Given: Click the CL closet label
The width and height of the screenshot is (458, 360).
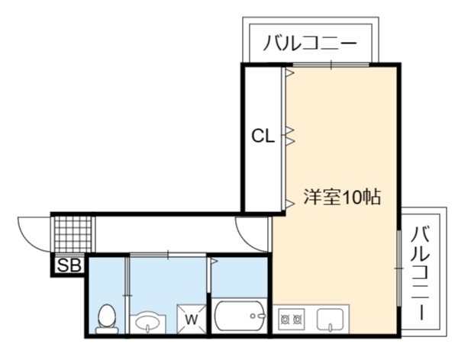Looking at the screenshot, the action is coord(263,136).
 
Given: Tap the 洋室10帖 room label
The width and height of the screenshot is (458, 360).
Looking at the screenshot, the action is coord(342,198).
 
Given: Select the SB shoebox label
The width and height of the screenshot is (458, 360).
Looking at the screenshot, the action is coord(69,265).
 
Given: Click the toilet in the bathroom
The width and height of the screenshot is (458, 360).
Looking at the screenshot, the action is coord(107,319).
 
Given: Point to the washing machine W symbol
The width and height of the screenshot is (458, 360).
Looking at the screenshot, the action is coord(192,319).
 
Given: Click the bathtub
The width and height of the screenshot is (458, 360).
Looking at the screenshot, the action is coord(240,316).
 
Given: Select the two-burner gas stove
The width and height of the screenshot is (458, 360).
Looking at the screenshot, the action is coord(291,319).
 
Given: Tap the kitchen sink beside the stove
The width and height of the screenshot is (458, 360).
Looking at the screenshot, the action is coord(330,320).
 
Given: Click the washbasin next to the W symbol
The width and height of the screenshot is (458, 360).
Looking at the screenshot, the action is coord(147,323).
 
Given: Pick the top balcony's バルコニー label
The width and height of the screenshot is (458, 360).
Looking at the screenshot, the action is coord(310,43).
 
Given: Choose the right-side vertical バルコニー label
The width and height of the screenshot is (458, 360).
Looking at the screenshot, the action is coord(421,273).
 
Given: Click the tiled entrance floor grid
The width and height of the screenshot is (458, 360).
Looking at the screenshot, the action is coord(73,234).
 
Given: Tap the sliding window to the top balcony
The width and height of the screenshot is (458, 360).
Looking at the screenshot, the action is coord(331,65).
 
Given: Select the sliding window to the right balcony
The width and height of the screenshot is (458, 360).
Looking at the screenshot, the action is coord(399,268).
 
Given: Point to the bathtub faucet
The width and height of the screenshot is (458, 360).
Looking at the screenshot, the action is coord(258,316).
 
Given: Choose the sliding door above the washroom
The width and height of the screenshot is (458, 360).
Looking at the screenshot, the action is coord(168,256).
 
